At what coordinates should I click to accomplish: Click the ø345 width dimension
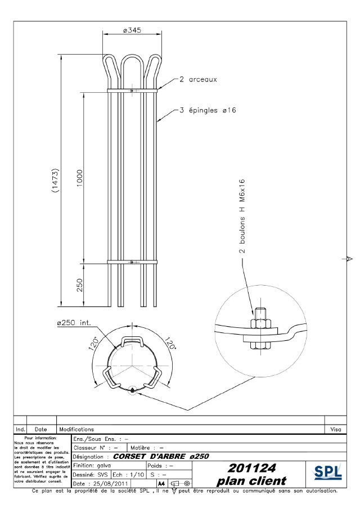131,30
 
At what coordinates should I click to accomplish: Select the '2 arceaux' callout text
198,79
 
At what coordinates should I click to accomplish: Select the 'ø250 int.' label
73,323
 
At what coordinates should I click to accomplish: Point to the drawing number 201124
251,468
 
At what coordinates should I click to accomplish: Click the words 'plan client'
251,481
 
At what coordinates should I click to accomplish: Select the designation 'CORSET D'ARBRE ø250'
161,456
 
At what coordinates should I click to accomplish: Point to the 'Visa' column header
336,429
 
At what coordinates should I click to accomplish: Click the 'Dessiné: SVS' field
91,475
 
